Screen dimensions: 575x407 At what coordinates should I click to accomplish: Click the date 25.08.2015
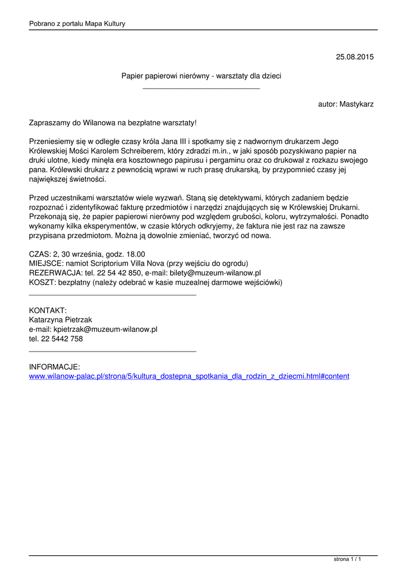354,57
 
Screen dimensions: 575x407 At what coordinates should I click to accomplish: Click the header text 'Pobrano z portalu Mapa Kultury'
77,24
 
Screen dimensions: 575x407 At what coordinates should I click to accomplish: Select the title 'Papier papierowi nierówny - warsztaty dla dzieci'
202,75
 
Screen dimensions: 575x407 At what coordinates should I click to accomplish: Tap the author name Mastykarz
356,104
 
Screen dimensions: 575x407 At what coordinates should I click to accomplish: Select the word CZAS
39,254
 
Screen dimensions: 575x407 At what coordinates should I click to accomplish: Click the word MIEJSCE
47,263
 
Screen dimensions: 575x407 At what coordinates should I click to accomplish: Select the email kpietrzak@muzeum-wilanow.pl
105,330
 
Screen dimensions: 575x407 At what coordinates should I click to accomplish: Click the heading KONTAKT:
48,311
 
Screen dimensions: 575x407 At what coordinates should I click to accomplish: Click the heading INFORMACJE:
54,367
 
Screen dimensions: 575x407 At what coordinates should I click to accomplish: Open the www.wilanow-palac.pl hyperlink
189,376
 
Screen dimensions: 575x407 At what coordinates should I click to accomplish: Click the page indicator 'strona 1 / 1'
347,559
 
